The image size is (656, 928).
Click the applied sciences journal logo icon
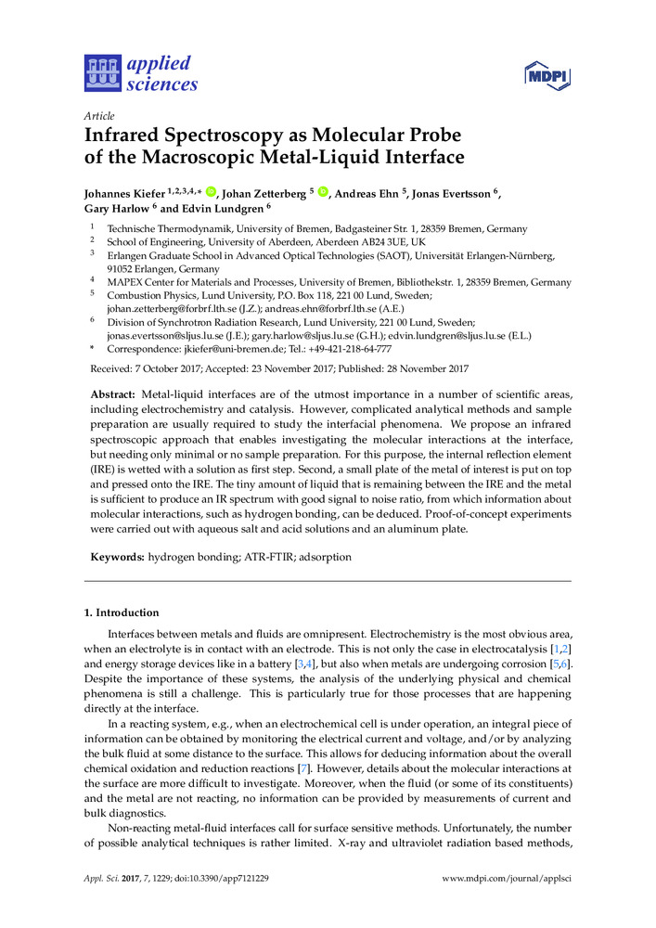pos(102,73)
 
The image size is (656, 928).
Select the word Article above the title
pos(99,116)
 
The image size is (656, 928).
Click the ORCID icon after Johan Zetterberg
pos(323,192)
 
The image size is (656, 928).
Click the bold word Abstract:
pos(111,394)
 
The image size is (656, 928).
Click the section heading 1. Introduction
pos(122,612)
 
